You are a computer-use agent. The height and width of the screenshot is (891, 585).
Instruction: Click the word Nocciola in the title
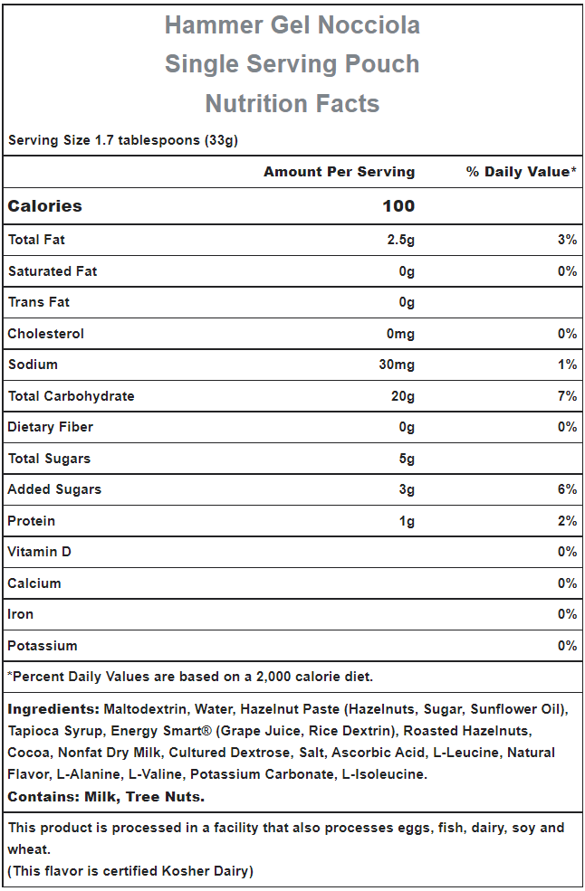point(369,25)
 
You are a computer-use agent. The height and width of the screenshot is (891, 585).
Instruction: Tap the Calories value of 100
point(398,205)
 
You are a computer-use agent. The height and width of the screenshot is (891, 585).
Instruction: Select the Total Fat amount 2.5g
point(400,240)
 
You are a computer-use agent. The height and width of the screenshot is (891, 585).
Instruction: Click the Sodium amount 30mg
point(397,365)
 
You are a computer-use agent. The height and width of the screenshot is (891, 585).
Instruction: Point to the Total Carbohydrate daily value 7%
point(568,396)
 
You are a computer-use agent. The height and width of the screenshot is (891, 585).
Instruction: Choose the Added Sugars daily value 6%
point(568,489)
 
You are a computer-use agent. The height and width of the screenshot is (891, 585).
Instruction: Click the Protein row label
point(32,520)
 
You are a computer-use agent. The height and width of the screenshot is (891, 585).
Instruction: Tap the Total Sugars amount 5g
point(407,459)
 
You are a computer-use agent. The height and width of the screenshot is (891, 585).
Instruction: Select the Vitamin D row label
point(39,552)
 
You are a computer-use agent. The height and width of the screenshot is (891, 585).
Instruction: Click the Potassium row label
point(43,646)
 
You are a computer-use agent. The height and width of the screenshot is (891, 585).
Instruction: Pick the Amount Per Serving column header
point(340,172)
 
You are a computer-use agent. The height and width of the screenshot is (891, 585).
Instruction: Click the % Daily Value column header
point(522,172)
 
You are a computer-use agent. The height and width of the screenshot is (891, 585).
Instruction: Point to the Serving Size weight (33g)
point(221,140)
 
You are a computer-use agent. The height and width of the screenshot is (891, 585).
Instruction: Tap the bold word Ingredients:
point(53,709)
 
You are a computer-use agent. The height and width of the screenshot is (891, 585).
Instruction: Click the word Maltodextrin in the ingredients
point(147,709)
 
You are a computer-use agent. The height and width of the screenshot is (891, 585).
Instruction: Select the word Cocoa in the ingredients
point(28,753)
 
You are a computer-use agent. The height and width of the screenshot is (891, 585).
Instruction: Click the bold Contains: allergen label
point(43,797)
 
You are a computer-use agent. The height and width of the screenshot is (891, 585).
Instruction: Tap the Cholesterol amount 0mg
point(400,334)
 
